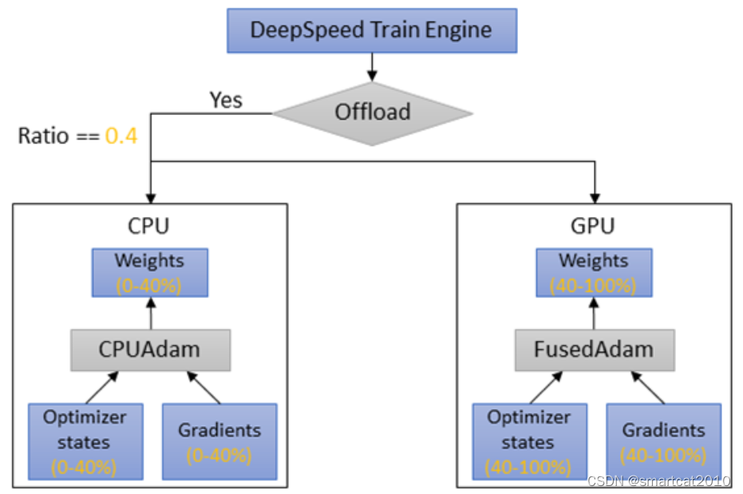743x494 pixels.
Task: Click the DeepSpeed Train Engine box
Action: point(372,31)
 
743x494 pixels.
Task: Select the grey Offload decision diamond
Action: point(372,113)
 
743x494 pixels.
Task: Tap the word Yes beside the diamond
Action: point(226,101)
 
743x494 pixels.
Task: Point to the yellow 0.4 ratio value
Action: point(121,136)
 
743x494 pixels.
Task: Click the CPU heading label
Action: point(148,227)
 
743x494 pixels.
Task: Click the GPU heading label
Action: point(593,227)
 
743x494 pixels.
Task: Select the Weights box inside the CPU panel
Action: point(149,272)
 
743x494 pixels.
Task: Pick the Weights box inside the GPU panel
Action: point(594,272)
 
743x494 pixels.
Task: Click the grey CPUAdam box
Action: point(149,350)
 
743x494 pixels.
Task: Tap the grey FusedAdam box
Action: point(594,350)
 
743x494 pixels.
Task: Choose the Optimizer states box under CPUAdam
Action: point(85,441)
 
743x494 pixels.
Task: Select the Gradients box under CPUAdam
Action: point(219,441)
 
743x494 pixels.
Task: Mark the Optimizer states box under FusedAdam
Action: point(529,441)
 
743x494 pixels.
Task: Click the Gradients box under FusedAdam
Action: point(663,441)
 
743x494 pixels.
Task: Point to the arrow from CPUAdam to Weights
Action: point(149,313)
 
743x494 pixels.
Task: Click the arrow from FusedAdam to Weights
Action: point(594,313)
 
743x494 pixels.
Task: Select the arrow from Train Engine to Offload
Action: point(372,65)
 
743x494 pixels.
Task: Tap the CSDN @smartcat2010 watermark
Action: point(658,480)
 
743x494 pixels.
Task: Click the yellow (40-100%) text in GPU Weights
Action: point(594,283)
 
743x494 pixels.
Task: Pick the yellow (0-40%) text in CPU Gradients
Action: point(219,456)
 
